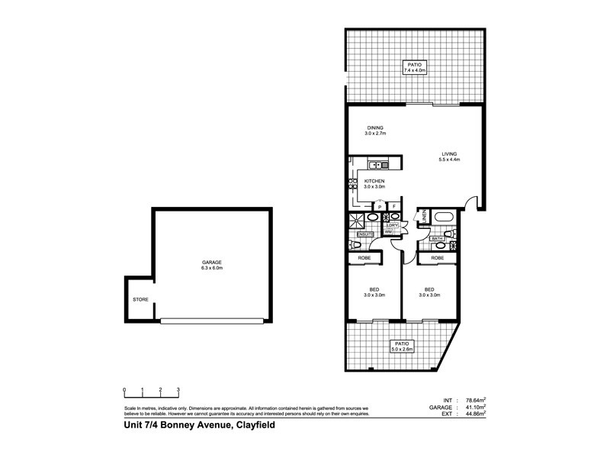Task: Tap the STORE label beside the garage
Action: [140, 300]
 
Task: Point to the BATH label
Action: [438, 239]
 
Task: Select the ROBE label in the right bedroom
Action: [437, 259]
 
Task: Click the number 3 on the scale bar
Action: [178, 389]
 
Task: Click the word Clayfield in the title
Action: [254, 427]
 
